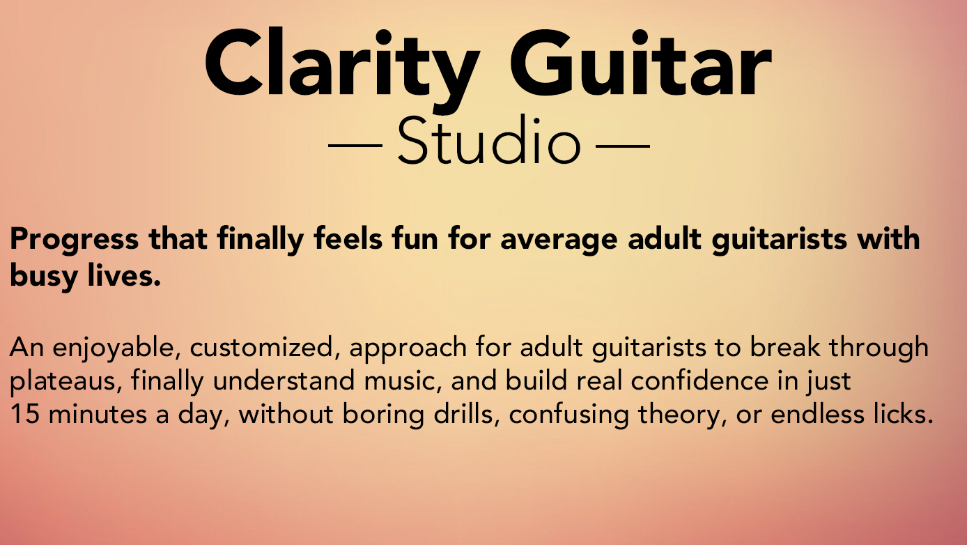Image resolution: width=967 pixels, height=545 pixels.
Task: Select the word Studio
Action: coord(488,140)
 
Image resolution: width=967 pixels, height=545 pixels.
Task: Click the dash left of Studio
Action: coord(355,146)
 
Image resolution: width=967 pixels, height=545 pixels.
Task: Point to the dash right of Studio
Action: coord(623,146)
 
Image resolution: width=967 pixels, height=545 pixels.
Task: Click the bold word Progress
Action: coord(75,240)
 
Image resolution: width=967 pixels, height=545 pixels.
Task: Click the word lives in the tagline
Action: coord(124,275)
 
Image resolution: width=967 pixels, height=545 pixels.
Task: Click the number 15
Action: coord(24,414)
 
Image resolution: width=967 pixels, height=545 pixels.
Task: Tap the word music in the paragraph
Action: coord(403,382)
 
